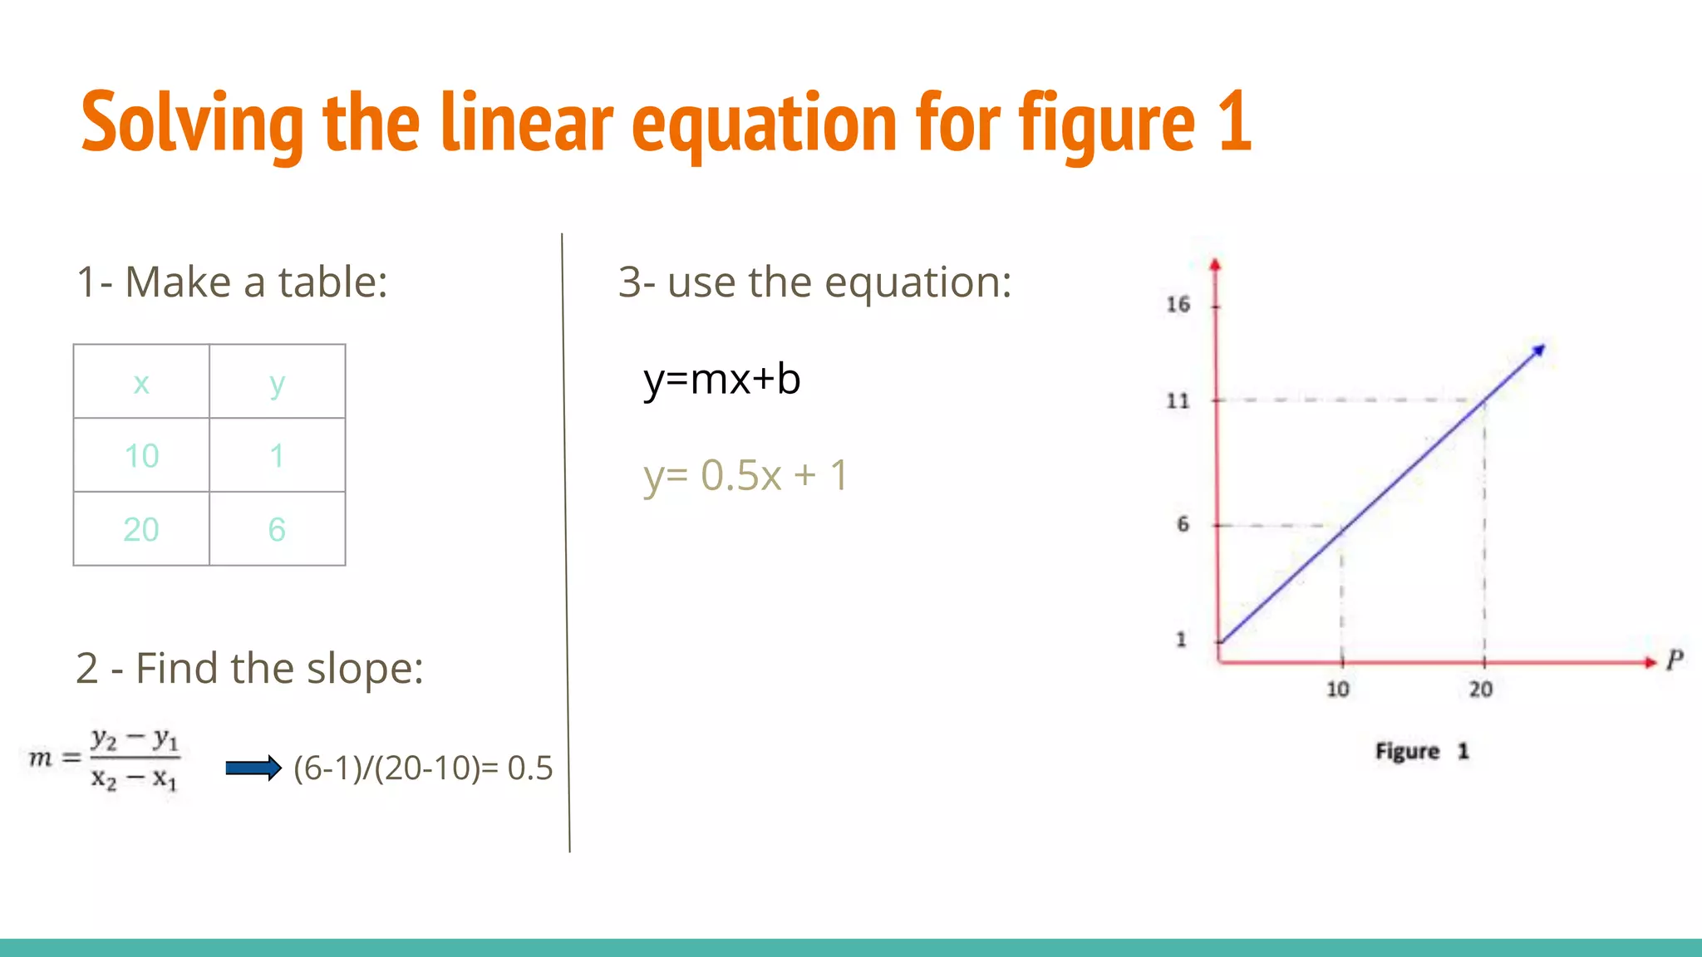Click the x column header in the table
point(141,383)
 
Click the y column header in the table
point(277,383)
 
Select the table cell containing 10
point(141,455)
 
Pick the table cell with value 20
point(141,529)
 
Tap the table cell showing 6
point(277,529)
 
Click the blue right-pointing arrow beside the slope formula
point(253,768)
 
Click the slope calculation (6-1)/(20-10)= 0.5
point(423,768)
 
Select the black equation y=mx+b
point(721,380)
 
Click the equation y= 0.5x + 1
point(745,476)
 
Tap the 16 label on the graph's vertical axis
point(1178,305)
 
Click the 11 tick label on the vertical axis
point(1178,401)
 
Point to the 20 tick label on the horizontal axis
point(1480,690)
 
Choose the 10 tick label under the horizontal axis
point(1337,690)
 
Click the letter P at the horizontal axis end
point(1675,660)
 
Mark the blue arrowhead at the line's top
point(1537,351)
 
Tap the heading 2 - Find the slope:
point(249,668)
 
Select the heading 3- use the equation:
point(814,282)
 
